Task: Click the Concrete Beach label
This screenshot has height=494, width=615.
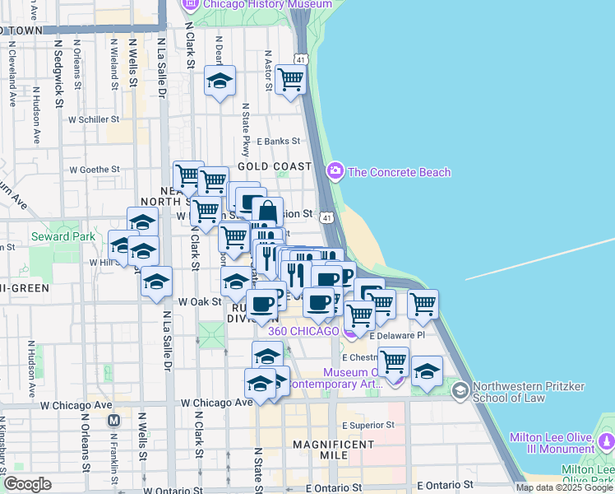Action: coord(400,172)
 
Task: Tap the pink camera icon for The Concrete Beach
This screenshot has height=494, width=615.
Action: coord(335,172)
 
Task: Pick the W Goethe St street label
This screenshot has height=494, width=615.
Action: coord(95,170)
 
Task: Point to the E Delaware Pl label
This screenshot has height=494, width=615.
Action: coord(397,336)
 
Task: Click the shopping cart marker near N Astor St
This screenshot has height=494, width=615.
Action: coord(291,80)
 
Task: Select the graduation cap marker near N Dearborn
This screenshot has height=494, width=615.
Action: coord(220,82)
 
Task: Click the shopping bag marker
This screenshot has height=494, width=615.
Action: coord(267,212)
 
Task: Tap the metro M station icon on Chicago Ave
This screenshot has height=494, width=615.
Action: coord(115,420)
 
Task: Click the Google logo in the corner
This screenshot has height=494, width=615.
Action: coord(27,484)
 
